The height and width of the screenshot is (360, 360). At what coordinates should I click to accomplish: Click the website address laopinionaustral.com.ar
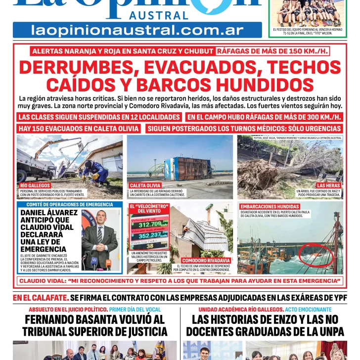pos(137,30)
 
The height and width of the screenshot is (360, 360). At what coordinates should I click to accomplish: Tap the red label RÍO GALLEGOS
pos(35,185)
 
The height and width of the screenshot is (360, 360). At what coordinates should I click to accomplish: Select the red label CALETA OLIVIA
pos(145,185)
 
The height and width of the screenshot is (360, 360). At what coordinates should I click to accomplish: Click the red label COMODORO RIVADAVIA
pos(206,260)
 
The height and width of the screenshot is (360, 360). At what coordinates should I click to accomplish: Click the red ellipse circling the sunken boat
pos(316,254)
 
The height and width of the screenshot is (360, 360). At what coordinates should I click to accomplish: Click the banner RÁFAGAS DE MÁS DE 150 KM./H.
pos(272,51)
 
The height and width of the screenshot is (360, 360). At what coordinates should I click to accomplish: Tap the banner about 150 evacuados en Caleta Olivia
pos(79,129)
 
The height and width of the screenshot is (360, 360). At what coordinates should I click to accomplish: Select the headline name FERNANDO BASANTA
pos(94,319)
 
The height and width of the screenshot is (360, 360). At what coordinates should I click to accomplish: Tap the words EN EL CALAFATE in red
pos(41,298)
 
